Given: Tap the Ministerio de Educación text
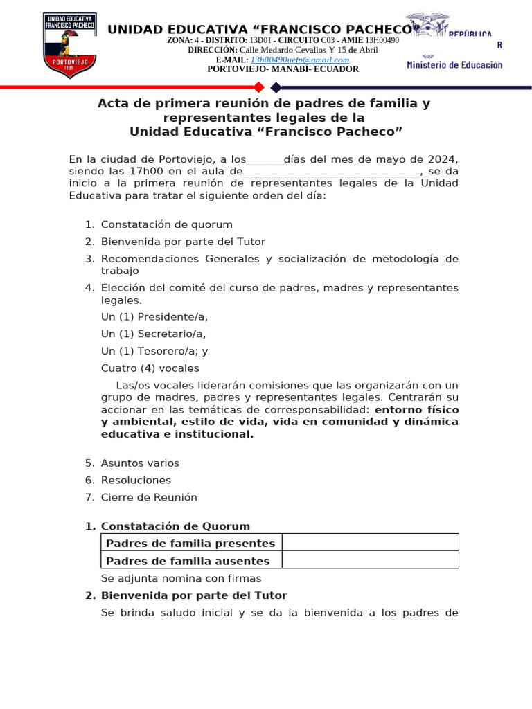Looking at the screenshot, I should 454,64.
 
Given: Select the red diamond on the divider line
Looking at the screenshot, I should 259,87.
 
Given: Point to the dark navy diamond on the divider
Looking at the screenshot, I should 276,87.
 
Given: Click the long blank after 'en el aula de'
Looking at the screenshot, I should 331,172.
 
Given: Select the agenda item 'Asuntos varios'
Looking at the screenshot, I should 140,463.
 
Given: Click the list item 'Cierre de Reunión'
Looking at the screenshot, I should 149,497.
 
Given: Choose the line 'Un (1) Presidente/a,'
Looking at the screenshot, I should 154,317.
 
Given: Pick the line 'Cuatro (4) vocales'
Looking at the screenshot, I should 150,368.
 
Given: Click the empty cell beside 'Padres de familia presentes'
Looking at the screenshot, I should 370,543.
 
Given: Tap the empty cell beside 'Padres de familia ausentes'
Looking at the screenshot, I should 370,560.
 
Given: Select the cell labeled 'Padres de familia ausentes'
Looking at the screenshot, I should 188,561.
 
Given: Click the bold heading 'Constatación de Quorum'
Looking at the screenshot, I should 175,526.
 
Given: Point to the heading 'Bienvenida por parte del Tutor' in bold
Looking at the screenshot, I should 194,595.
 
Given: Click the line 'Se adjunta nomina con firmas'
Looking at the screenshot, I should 181,578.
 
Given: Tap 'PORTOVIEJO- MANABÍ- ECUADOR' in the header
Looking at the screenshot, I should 283,69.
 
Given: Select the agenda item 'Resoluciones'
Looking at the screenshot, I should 136,480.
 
